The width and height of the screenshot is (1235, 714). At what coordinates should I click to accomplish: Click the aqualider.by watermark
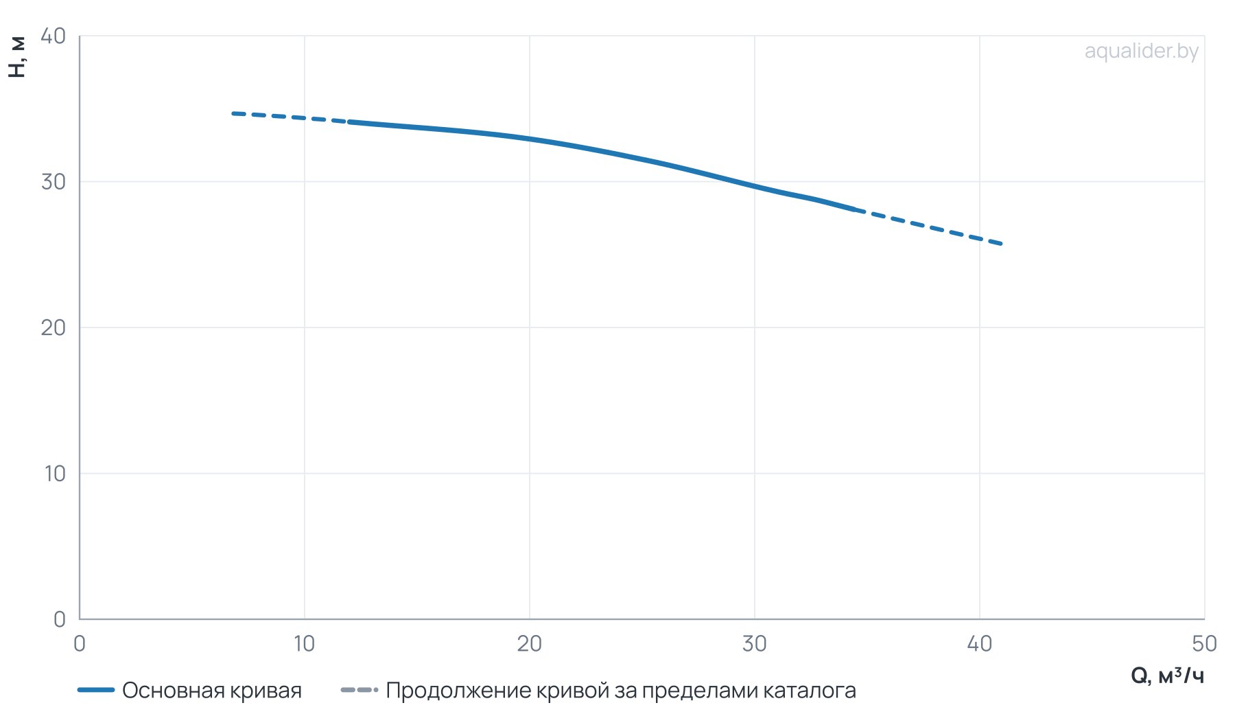(x=1141, y=51)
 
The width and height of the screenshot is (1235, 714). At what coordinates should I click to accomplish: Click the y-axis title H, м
(x=18, y=57)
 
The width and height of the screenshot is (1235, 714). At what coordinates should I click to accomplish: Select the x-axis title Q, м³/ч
(x=1167, y=676)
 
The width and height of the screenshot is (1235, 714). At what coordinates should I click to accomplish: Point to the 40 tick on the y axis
(x=53, y=36)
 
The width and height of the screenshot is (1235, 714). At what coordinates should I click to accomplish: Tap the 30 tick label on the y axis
(x=53, y=182)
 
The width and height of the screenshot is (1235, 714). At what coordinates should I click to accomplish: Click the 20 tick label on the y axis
(x=53, y=327)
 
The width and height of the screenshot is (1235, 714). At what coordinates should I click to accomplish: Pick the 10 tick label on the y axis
(x=54, y=474)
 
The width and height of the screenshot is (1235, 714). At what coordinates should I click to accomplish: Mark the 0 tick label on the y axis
(x=60, y=619)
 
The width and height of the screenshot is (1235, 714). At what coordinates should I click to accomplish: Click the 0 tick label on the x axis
(x=80, y=644)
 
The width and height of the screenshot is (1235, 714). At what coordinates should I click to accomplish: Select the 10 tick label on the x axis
(x=304, y=644)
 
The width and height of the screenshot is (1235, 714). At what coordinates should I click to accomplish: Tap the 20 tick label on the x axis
(x=529, y=644)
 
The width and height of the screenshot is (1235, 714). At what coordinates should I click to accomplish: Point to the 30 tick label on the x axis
(x=754, y=644)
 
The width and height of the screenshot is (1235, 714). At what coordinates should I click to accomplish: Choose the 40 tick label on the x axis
(x=979, y=644)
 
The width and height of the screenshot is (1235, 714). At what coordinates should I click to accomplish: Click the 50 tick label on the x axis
(x=1204, y=644)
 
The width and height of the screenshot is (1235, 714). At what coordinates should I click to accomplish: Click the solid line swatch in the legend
(x=96, y=690)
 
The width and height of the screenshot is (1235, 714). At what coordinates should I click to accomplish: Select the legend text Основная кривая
(x=212, y=691)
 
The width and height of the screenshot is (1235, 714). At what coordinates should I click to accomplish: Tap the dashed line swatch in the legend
(x=360, y=690)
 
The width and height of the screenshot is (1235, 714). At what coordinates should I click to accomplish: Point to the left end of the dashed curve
(x=233, y=113)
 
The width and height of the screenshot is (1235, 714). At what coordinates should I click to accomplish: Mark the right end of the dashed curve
(x=1002, y=244)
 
